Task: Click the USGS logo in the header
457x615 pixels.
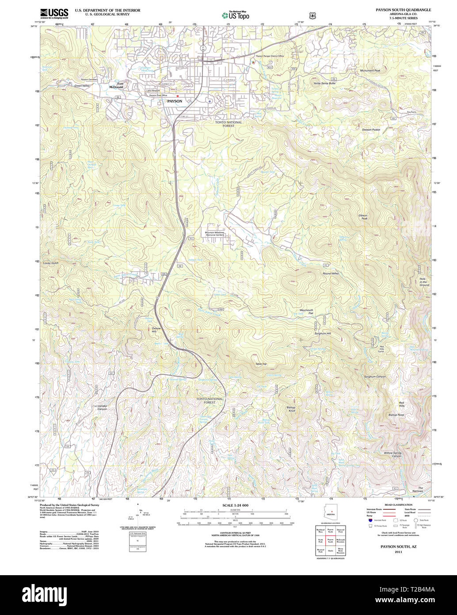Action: tap(54, 13)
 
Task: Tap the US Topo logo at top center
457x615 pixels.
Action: tap(235, 15)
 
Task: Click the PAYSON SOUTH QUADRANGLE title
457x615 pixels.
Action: tap(403, 9)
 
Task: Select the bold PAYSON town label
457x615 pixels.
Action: tap(175, 101)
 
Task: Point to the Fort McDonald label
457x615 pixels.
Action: tap(117, 85)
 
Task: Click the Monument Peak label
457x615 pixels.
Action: tap(370, 70)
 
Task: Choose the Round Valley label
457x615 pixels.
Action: tap(330, 274)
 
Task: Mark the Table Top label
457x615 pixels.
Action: tap(261, 364)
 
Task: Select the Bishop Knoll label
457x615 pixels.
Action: tap(291, 409)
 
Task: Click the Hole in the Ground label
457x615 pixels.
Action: tap(424, 282)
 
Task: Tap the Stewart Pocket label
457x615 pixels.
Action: tap(371, 130)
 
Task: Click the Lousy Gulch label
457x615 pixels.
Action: tap(51, 263)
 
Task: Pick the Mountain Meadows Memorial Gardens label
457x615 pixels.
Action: tap(215, 234)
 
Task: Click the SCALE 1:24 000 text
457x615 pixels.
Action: tap(235, 505)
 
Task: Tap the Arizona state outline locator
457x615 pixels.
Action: tap(329, 513)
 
